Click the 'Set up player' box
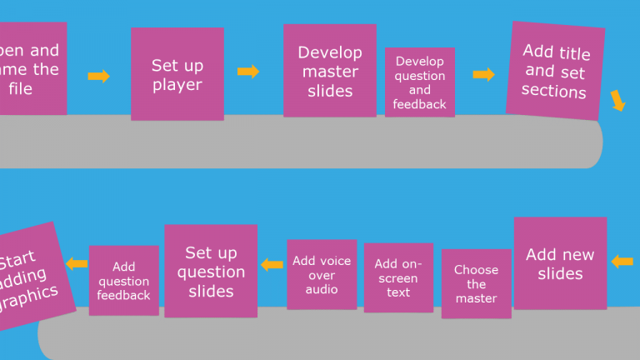click(x=177, y=74)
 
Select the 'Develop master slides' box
click(x=329, y=71)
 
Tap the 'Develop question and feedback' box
click(x=419, y=82)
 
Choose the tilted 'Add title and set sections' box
click(x=555, y=72)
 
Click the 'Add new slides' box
click(x=560, y=263)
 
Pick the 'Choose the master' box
click(x=476, y=283)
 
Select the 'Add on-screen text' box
click(x=398, y=277)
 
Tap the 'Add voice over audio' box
click(x=322, y=274)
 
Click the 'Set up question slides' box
click(x=211, y=271)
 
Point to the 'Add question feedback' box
click(x=123, y=281)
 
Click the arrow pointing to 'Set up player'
click(x=98, y=77)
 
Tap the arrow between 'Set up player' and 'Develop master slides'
click(x=248, y=72)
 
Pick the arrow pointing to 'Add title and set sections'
click(x=483, y=75)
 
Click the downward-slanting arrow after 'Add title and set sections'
click(x=617, y=101)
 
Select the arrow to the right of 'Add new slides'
click(x=622, y=262)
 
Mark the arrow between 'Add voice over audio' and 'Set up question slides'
click(x=272, y=265)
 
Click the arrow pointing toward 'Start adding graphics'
click(x=77, y=264)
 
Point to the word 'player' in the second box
click(x=177, y=84)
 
